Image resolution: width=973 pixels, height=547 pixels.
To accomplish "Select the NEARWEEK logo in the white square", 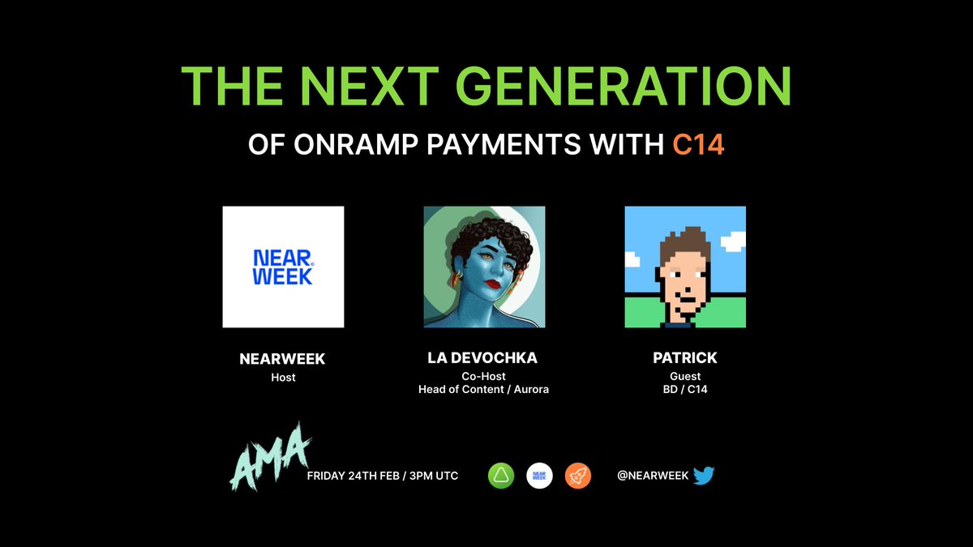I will tap(283, 267).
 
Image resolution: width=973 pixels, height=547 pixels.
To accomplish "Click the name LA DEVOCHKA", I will tap(484, 358).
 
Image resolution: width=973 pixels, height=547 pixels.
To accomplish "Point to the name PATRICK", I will tap(685, 358).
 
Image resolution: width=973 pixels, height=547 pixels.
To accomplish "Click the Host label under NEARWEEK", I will tap(283, 377).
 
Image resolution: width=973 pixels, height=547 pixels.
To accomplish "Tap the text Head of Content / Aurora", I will tap(484, 390).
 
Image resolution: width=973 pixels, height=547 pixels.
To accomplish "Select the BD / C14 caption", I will tap(685, 390).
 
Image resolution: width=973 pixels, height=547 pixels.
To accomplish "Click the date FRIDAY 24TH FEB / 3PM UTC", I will tap(383, 476).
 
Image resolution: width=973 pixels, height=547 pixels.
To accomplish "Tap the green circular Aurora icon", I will tap(501, 476).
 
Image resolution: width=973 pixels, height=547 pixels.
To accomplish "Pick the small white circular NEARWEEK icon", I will tap(539, 476).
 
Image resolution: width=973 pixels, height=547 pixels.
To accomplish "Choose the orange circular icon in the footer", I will tap(578, 476).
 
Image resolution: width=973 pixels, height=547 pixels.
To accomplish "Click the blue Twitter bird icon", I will tap(704, 476).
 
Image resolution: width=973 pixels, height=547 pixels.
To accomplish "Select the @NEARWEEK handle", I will tap(653, 476).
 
